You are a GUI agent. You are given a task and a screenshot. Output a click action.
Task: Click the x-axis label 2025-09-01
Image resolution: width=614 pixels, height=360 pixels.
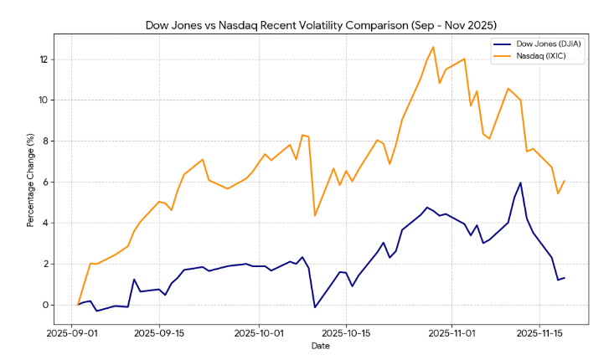click(71, 332)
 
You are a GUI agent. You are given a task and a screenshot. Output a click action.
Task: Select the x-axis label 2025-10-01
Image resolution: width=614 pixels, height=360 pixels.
click(259, 332)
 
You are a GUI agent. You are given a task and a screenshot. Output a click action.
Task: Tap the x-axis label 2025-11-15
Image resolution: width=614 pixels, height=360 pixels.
click(540, 332)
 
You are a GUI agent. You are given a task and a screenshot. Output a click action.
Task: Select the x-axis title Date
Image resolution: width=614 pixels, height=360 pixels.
click(321, 345)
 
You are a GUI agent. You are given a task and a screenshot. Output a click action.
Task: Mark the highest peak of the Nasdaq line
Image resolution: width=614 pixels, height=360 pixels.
click(433, 47)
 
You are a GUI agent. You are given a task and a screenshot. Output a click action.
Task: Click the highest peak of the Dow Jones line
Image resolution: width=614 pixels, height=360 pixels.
click(520, 183)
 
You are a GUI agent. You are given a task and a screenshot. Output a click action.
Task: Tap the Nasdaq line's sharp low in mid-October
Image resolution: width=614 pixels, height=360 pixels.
click(315, 215)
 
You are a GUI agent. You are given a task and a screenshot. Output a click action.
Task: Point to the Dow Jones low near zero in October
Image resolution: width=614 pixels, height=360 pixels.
click(315, 307)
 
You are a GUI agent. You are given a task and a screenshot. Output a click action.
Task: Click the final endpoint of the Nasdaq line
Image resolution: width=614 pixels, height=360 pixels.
click(565, 181)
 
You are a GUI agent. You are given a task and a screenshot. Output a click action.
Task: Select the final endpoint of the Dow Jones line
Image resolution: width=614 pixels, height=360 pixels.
click(565, 278)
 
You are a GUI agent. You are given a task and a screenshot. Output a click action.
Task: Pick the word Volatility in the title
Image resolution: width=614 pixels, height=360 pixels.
click(306, 25)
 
